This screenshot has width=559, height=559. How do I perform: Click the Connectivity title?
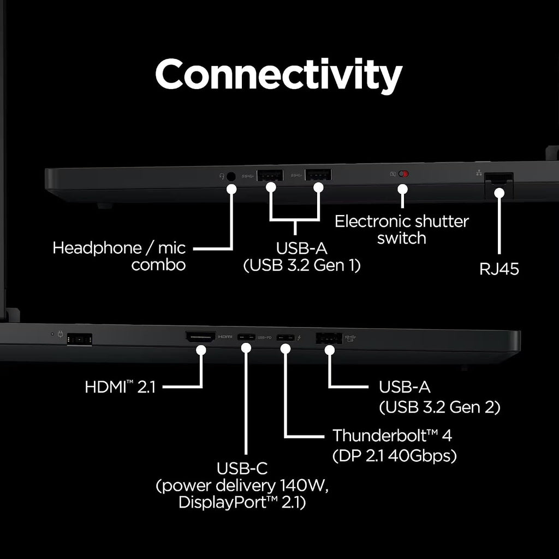pyautogui.click(x=279, y=75)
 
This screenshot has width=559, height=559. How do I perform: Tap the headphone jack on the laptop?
pyautogui.click(x=231, y=176)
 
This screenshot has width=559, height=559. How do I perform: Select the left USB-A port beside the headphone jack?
pyautogui.click(x=270, y=175)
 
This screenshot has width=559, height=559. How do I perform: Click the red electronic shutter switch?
pyautogui.click(x=403, y=174)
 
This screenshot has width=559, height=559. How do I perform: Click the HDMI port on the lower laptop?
pyautogui.click(x=200, y=336)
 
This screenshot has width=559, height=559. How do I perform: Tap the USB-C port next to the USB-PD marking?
pyautogui.click(x=246, y=337)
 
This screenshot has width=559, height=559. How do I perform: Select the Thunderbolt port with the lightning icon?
pyautogui.click(x=286, y=337)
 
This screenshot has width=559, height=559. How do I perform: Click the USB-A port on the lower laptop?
pyautogui.click(x=329, y=338)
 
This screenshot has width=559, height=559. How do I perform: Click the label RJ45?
pyautogui.click(x=499, y=269)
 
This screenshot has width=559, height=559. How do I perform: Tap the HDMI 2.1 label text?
pyautogui.click(x=120, y=387)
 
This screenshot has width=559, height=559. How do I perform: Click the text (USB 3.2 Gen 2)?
pyautogui.click(x=439, y=407)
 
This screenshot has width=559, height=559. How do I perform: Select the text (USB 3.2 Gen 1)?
pyautogui.click(x=301, y=265)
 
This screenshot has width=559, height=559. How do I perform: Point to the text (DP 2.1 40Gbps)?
pyautogui.click(x=394, y=455)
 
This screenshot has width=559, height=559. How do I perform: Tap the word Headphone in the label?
pyautogui.click(x=97, y=248)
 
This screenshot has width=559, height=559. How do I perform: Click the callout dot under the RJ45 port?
pyautogui.click(x=499, y=193)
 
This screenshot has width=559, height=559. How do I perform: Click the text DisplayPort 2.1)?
pyautogui.click(x=242, y=502)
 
